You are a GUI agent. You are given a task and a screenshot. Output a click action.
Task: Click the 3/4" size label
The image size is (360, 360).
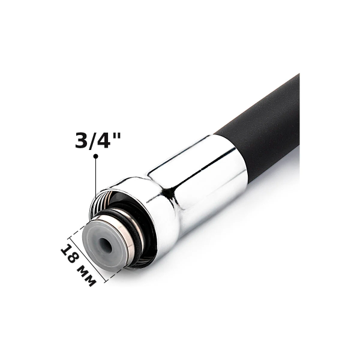(x=98, y=140)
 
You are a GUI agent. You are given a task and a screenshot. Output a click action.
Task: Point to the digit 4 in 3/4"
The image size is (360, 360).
(x=104, y=140)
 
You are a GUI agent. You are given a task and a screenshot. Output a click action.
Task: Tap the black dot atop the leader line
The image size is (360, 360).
(x=96, y=157)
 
